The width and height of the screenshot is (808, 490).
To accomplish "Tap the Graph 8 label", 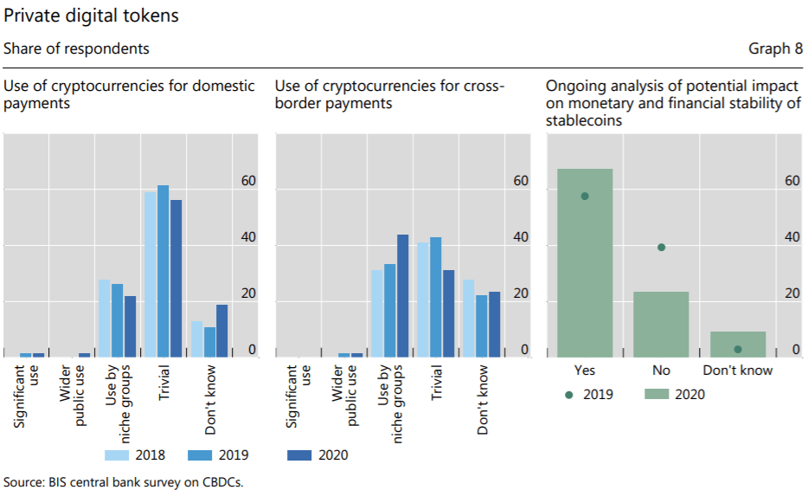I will (775, 48).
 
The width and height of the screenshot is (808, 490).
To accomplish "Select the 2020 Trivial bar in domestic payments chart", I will (176, 278).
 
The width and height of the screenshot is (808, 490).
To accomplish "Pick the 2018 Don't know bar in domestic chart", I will (196, 339).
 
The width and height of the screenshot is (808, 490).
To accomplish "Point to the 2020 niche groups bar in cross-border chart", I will (402, 295).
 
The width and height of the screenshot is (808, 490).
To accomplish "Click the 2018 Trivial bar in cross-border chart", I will (423, 300).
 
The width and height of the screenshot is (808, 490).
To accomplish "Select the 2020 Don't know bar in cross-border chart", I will (495, 324).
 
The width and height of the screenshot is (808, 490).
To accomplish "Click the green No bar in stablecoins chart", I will (661, 324).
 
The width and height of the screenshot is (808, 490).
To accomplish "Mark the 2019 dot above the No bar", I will (662, 248).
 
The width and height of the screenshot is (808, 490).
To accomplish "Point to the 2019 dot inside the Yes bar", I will (585, 197).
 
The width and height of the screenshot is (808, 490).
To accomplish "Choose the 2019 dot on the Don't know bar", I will (738, 350).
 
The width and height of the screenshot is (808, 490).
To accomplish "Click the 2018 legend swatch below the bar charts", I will (118, 455).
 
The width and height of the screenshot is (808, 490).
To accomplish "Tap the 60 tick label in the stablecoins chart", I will (792, 181).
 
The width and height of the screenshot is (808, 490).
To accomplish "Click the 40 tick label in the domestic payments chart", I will (249, 237).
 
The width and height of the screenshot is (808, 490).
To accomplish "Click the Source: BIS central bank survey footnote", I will (123, 481).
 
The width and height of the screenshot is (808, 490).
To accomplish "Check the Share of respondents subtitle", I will (76, 48).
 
